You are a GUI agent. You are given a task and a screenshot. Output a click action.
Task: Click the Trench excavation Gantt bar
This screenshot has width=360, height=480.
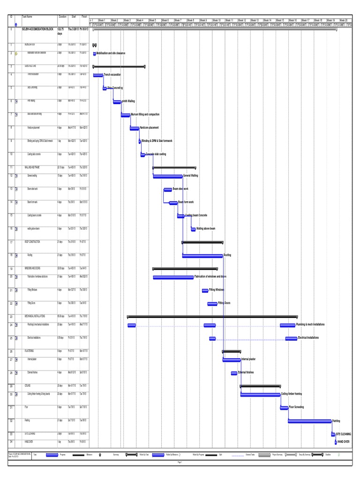coord(98,75)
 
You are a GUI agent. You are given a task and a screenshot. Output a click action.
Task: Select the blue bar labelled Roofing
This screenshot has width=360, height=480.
coord(202,255)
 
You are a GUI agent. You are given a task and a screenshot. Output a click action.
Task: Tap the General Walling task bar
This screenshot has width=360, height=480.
coord(167,176)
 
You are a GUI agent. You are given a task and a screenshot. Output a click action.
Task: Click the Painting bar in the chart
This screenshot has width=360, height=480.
coord(309,421)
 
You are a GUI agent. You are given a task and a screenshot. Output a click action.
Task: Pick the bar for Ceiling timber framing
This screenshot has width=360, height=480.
coord(260,395)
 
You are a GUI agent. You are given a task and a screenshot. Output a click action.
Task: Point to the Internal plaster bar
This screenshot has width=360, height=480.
coord(232,360)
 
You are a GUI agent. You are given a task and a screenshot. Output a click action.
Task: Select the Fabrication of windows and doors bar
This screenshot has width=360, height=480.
coord(173,277)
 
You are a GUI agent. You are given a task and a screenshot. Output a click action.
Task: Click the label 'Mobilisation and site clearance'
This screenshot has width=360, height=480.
coord(111,54)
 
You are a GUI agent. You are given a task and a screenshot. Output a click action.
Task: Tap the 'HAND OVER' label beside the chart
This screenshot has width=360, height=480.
coord(344,442)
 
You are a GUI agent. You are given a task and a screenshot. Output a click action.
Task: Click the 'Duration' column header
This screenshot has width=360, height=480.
coord(63,16)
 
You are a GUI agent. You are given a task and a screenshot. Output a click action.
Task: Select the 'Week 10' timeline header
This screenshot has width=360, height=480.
coord(217,21)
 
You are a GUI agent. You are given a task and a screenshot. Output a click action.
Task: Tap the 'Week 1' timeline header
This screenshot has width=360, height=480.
coord(102,21)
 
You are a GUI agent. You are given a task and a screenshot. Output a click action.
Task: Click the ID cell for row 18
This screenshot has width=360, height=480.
coord(11,255)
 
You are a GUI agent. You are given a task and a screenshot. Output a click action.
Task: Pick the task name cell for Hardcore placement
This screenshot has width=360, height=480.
coord(34,127)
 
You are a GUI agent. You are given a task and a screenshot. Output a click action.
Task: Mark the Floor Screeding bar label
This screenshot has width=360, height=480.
coord(296,407)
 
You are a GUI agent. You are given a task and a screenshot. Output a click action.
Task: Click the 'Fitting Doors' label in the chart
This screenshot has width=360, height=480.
coord(225,303)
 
